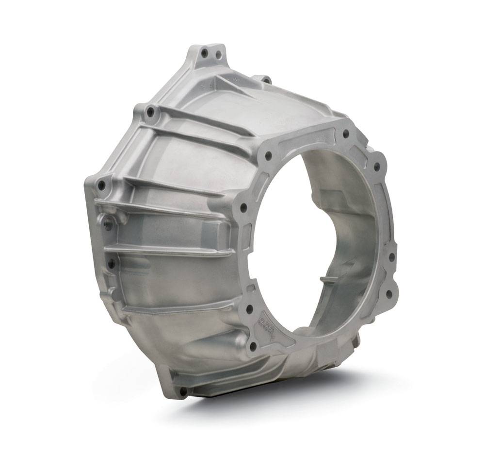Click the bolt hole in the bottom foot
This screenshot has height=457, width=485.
183,390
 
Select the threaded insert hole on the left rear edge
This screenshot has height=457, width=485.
107,224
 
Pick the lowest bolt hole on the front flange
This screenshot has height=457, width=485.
252,346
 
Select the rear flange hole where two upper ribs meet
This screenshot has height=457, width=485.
150,112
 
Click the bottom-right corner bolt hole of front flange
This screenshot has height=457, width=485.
388,294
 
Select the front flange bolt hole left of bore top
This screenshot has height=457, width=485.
268,156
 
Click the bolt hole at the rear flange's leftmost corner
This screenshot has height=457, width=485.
101,185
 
